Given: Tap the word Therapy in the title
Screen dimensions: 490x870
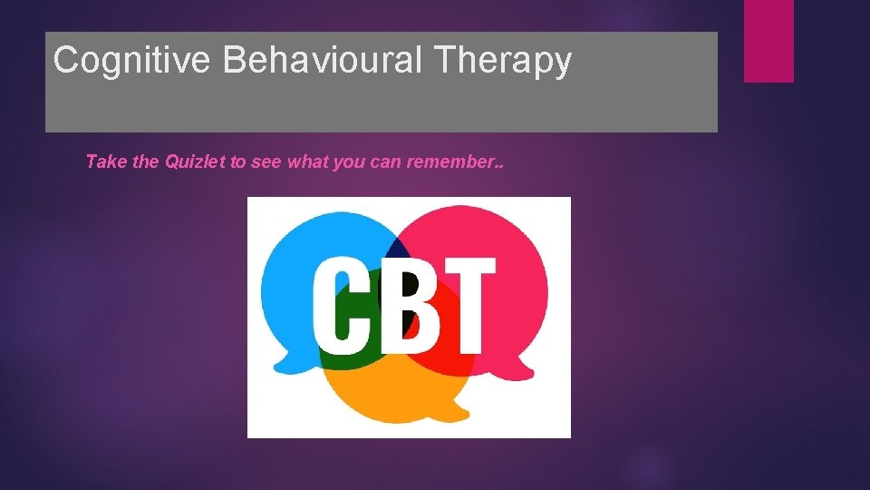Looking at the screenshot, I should pyautogui.click(x=506, y=61).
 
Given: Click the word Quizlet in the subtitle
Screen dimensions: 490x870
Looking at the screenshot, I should pyautogui.click(x=196, y=162).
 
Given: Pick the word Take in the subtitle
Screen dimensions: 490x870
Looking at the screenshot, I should pyautogui.click(x=103, y=162).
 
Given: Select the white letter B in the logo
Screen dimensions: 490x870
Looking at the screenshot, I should pyautogui.click(x=405, y=305).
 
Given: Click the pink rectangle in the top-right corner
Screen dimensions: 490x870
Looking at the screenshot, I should pyautogui.click(x=768, y=41).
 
